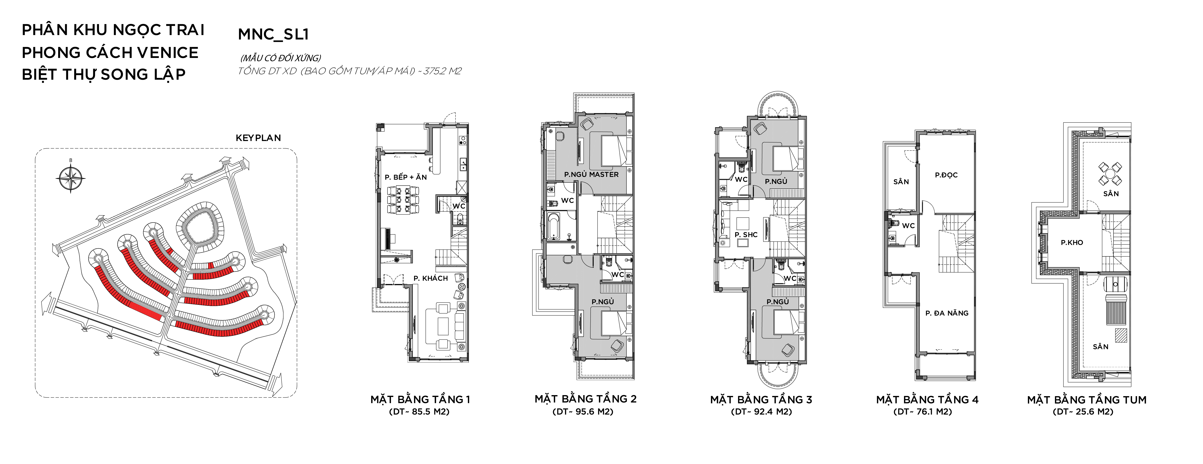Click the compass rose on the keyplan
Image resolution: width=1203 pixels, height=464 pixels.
pos(71,178)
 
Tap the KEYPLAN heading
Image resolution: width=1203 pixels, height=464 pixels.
pos(258,138)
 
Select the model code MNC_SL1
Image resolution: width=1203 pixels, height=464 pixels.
pos(273,34)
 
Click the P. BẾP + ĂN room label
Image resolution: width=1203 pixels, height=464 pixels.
pos(406,177)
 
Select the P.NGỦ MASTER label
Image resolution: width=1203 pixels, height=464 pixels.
pos(591,174)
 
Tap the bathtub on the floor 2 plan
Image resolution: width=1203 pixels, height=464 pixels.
pos(553,226)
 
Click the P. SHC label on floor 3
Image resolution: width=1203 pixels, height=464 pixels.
pos(746,234)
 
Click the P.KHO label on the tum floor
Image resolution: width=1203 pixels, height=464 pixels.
pos(1072,243)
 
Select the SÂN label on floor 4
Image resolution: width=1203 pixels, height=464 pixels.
pos(901,182)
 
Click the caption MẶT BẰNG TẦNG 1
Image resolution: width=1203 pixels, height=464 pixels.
pos(420,399)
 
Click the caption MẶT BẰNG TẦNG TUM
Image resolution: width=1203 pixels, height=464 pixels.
pos(1087,400)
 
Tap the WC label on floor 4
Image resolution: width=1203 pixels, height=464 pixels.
pos(908,226)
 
